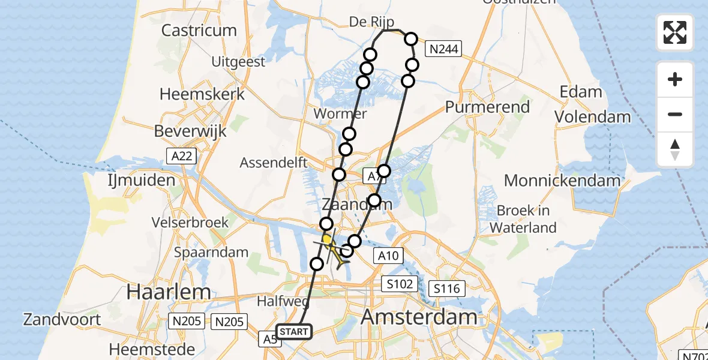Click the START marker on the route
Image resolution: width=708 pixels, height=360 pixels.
[294, 332]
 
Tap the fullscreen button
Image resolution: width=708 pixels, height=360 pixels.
[675, 32]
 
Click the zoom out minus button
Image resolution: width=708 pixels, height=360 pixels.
[675, 114]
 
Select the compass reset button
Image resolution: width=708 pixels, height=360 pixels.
[675, 149]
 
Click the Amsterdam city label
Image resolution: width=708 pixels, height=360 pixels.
[419, 316]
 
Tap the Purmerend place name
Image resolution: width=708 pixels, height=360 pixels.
[487, 107]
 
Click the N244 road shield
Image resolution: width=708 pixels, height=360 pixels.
[443, 49]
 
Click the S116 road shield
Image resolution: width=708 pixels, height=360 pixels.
[446, 289]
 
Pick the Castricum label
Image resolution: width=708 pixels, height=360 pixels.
[199, 30]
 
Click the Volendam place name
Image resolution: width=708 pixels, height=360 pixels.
[592, 117]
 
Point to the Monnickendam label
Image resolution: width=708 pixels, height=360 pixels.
[562, 181]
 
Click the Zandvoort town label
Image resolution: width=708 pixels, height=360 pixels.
[62, 319]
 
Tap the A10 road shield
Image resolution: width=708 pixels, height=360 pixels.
[387, 256]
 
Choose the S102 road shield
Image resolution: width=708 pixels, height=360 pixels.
[400, 284]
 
